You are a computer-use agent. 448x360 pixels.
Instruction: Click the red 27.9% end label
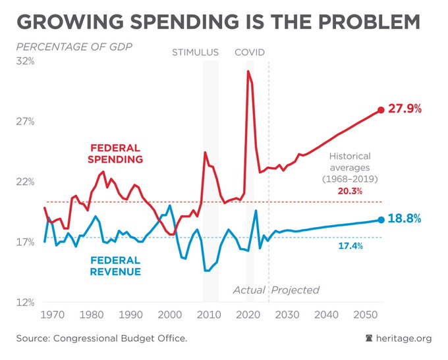(405, 109)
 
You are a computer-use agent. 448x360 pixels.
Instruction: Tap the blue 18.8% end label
(405, 219)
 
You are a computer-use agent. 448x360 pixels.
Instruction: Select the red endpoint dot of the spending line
(381, 110)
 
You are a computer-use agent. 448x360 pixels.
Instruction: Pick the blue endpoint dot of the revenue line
(381, 220)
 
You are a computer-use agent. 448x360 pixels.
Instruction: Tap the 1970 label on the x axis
(52, 315)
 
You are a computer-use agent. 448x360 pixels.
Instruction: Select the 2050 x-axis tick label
(364, 315)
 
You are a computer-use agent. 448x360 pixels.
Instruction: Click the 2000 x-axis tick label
(169, 315)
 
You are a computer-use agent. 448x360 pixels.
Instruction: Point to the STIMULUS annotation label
(195, 52)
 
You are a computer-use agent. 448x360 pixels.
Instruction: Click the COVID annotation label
(250, 52)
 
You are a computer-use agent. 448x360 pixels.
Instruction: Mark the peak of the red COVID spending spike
(248, 71)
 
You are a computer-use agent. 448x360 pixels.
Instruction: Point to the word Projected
(295, 290)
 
